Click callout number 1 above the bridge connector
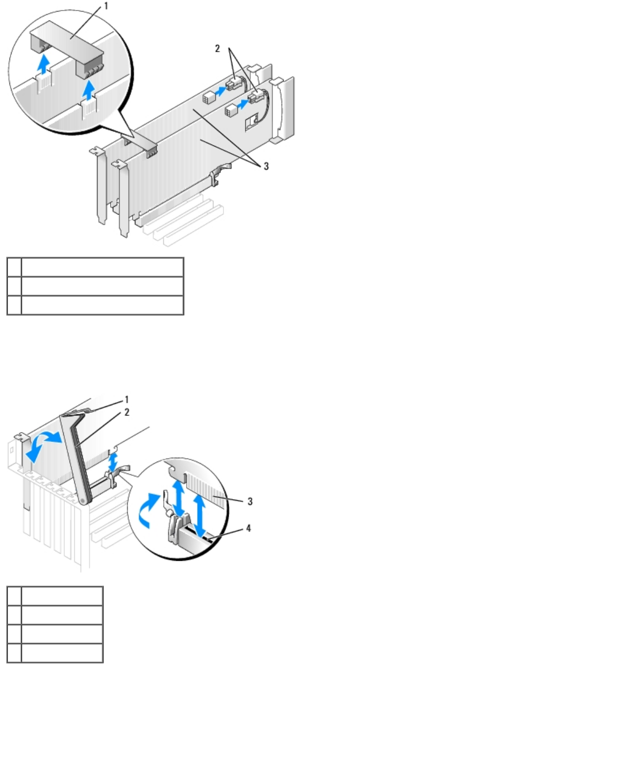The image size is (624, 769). (x=105, y=6)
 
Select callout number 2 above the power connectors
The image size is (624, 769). (x=217, y=48)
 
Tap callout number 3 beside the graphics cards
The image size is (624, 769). (x=266, y=166)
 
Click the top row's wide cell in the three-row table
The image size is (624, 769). (x=102, y=267)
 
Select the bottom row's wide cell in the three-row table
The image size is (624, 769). (x=102, y=305)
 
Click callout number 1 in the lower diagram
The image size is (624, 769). (x=126, y=400)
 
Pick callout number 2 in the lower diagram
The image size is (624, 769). (x=126, y=412)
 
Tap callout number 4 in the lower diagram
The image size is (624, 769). (x=248, y=528)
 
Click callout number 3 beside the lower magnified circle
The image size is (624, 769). (x=250, y=501)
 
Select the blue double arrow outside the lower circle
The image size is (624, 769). (x=112, y=462)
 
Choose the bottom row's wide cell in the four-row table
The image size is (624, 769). (x=62, y=653)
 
